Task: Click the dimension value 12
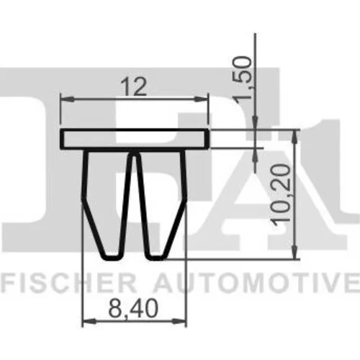pyautogui.click(x=134, y=87)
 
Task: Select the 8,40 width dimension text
pyautogui.click(x=133, y=308)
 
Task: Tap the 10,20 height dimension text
pyautogui.click(x=281, y=195)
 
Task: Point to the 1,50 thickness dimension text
pyautogui.click(x=243, y=78)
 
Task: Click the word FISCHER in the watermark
pyautogui.click(x=68, y=283)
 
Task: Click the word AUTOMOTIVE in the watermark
pyautogui.click(x=257, y=283)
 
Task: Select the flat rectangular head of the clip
pyautogui.click(x=134, y=139)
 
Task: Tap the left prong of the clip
pyautogui.click(x=107, y=204)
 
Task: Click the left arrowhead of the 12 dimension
pyautogui.click(x=67, y=99)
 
